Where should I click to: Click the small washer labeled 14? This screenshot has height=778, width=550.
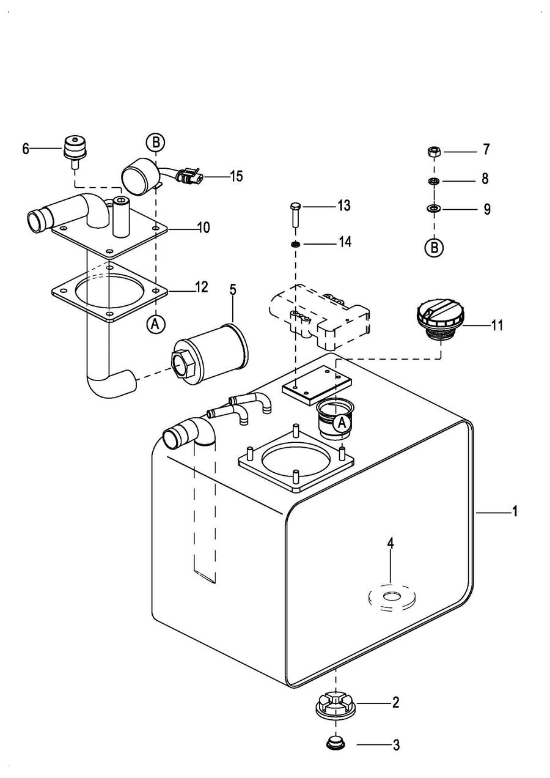tap(295, 244)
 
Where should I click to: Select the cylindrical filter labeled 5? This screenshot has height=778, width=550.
tap(211, 350)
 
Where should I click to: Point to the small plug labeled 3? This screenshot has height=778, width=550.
tap(334, 744)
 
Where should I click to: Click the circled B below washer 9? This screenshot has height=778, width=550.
tap(434, 248)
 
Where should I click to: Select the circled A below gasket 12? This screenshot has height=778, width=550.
tap(156, 324)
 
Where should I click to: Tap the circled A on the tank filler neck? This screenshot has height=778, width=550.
tap(342, 422)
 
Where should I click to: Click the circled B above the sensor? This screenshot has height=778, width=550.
tap(155, 143)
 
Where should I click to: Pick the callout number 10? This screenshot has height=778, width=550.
tap(204, 228)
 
